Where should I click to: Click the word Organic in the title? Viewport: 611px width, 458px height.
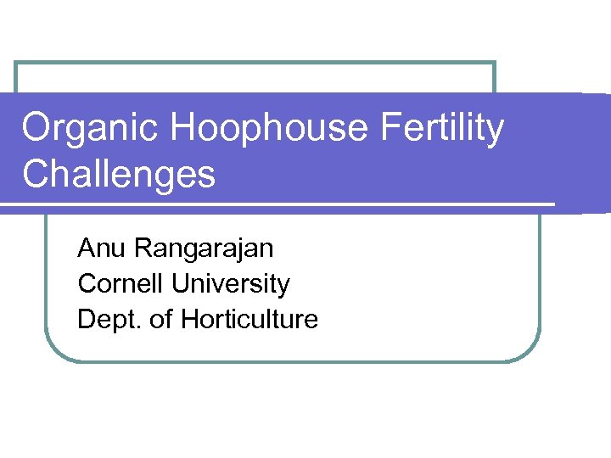point(90,130)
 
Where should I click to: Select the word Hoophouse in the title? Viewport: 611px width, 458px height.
point(269,130)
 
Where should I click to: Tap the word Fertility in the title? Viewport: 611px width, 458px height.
point(443,130)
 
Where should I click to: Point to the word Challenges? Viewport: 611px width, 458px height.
point(119,175)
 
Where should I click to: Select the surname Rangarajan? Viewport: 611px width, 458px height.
point(204,249)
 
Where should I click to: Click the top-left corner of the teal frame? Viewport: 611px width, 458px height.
point(16,63)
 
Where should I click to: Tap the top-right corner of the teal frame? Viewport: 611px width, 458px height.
point(494,63)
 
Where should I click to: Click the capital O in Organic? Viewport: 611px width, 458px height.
point(37,130)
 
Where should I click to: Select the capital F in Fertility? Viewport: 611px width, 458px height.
point(390,130)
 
